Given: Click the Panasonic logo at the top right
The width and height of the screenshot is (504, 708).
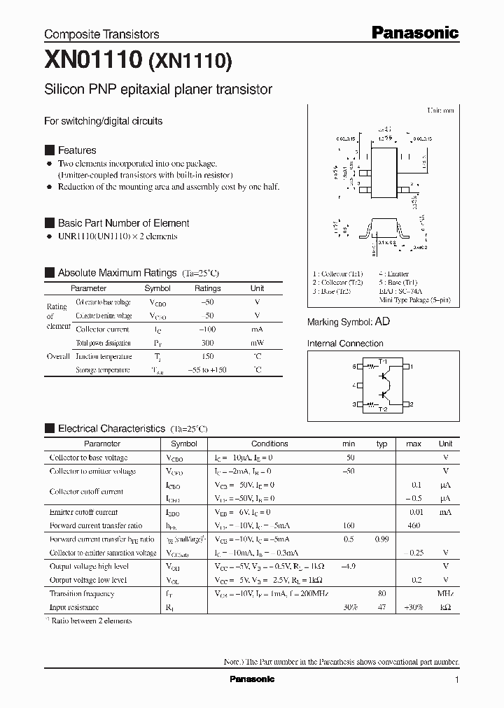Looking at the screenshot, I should tap(414, 32).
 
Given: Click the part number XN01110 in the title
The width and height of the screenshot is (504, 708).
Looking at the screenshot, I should tap(93, 62).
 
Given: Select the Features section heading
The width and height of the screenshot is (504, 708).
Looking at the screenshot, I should tap(77, 150).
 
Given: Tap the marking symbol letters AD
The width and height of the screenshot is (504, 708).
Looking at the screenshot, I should tap(383, 322).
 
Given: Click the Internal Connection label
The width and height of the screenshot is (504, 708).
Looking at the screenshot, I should tap(345, 344).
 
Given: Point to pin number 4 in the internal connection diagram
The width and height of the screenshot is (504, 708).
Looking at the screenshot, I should tap(353, 385).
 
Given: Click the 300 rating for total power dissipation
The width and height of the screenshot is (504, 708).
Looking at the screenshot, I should tap(207, 343).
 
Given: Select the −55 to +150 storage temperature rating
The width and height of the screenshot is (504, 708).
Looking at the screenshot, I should tap(207, 370).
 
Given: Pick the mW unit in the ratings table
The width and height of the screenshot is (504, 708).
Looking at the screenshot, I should tap(257, 343).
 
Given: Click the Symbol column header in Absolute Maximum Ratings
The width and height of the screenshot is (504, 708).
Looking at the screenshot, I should tap(157, 288).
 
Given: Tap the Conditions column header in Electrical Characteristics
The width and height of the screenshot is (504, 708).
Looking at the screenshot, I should tap(269, 444).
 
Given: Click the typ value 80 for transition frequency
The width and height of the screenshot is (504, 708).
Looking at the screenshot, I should tap(382, 593).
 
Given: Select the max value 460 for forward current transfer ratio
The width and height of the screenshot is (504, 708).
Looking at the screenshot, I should tap(414, 525).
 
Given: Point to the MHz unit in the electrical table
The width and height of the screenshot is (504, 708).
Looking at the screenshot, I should tap(445, 593).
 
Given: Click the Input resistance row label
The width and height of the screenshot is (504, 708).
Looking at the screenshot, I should tap(74, 607).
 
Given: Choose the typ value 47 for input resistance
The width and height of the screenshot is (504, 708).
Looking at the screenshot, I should tap(382, 607).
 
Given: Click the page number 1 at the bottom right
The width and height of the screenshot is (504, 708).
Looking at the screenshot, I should tap(457, 680).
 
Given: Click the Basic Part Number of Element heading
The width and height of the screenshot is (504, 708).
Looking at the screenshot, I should tap(123, 223).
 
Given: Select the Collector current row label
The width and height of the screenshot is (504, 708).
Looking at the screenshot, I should tap(102, 329).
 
